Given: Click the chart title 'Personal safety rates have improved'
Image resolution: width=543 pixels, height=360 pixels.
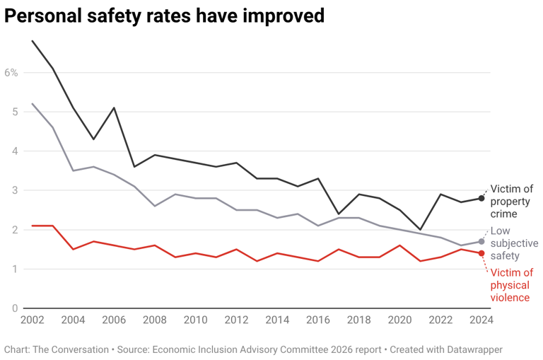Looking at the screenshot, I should point(165,16).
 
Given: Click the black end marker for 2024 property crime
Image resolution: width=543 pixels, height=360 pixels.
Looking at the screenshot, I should point(481,198).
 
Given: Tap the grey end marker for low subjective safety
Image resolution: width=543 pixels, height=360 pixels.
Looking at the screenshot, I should point(481,242).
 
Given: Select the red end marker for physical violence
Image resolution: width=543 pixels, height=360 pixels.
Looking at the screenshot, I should point(481,253).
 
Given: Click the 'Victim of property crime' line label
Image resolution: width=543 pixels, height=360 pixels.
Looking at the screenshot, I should point(512,201).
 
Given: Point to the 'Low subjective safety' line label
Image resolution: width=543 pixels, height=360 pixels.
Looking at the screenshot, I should point(513,243).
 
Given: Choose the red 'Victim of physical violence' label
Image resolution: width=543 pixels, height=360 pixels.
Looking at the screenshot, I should point(511,285).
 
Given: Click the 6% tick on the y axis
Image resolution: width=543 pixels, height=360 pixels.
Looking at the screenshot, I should point(11,72).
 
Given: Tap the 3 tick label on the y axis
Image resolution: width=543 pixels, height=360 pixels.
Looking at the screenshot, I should point(14,190).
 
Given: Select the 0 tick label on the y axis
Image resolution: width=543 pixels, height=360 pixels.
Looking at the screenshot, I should point(14,308).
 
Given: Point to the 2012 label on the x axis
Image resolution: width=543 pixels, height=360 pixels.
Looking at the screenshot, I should point(236,320).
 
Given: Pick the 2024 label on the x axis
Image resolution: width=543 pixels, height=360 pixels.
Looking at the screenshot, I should point(481,320).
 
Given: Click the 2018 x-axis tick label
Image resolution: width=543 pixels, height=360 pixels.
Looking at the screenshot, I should point(358,320).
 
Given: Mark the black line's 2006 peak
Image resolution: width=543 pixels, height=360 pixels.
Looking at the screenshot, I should point(114,108).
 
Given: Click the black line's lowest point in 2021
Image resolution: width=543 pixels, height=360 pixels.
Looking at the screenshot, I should point(420,230).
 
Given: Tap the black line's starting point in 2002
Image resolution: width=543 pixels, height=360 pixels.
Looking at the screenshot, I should point(32,41).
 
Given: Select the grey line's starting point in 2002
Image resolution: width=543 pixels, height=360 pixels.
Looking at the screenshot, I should point(32,104).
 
